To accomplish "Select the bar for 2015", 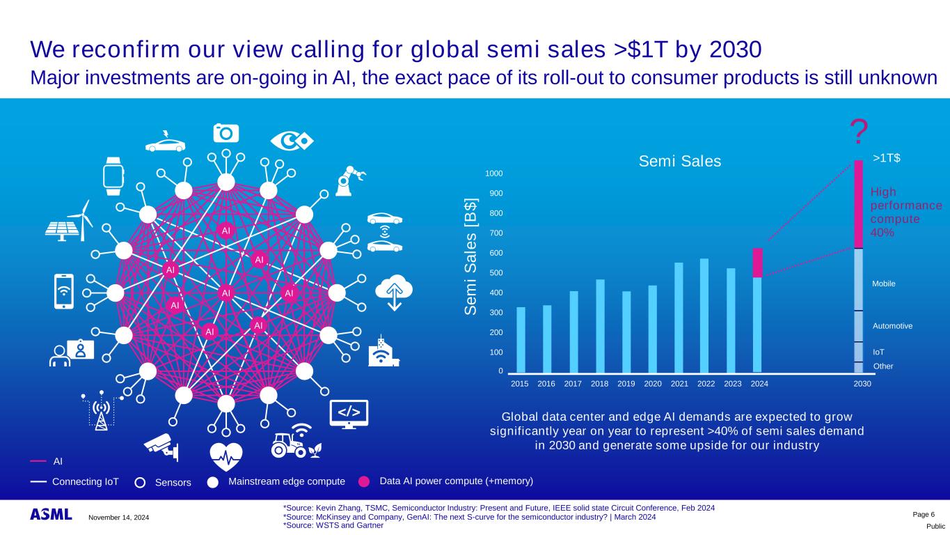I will point(521,339).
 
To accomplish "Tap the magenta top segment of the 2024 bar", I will point(757,263).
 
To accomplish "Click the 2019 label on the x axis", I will point(626,383).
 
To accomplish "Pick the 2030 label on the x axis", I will point(862,383).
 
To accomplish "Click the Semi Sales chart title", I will point(680,162).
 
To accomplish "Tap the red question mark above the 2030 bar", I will point(860,131).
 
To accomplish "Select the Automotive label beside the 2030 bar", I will point(892,325).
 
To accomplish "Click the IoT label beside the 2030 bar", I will point(878,353).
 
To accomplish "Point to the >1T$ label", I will point(886,158).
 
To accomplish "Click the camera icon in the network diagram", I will point(226,132).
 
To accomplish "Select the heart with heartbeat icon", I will point(225,457).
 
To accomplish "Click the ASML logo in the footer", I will point(51,515).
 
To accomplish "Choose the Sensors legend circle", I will point(140,482).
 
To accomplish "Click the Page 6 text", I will point(924,514).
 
